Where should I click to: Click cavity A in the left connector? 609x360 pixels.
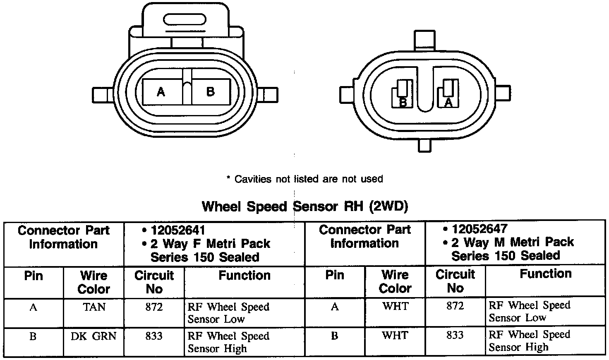(162, 91)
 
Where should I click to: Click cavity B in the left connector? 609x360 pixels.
(211, 91)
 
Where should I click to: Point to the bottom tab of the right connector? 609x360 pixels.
(424, 144)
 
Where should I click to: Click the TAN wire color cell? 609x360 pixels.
(94, 307)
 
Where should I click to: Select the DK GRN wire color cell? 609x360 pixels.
(94, 336)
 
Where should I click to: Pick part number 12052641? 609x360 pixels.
(178, 230)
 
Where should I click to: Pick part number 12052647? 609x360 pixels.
(480, 229)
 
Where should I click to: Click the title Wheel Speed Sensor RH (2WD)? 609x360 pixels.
(305, 206)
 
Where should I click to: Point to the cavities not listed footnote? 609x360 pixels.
(305, 179)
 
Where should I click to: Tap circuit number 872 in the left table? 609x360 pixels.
(154, 307)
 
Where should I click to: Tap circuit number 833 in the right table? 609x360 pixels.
(455, 335)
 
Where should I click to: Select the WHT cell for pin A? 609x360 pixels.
(395, 306)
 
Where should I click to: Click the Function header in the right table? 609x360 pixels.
(545, 274)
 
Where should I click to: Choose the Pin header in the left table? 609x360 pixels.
(34, 276)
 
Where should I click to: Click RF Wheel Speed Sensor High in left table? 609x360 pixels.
(228, 342)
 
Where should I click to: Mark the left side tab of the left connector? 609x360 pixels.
(101, 94)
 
